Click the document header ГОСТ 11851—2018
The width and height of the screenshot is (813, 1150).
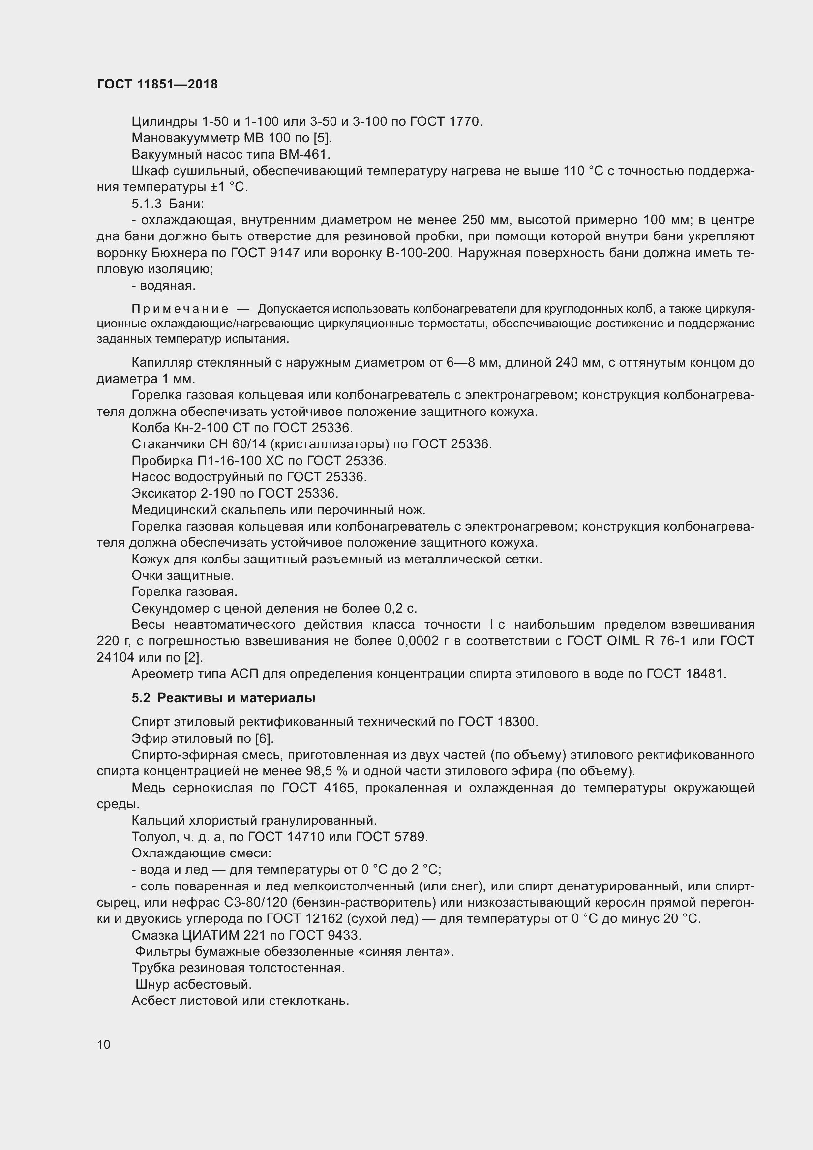[x=157, y=84]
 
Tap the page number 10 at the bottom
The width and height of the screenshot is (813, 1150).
[x=104, y=1044]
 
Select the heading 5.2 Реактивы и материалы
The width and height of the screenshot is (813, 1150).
[x=223, y=698]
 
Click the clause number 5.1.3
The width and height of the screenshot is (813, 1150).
[x=147, y=204]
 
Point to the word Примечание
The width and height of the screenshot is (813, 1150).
[x=180, y=309]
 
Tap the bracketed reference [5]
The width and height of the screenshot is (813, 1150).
[x=323, y=138]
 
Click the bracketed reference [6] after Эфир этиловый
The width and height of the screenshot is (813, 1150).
[x=265, y=739]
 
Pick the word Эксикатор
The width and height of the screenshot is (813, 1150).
[x=164, y=493]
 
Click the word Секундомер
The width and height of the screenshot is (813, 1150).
[x=168, y=609]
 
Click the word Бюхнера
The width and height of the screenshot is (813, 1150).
[x=181, y=253]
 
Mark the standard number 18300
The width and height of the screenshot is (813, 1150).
[x=517, y=722]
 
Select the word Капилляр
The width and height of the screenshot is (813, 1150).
[x=161, y=363]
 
